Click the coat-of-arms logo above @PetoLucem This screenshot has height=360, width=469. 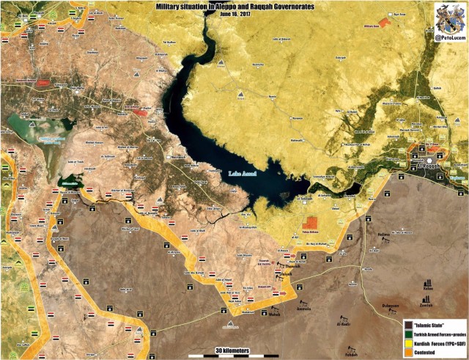(448, 15)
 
